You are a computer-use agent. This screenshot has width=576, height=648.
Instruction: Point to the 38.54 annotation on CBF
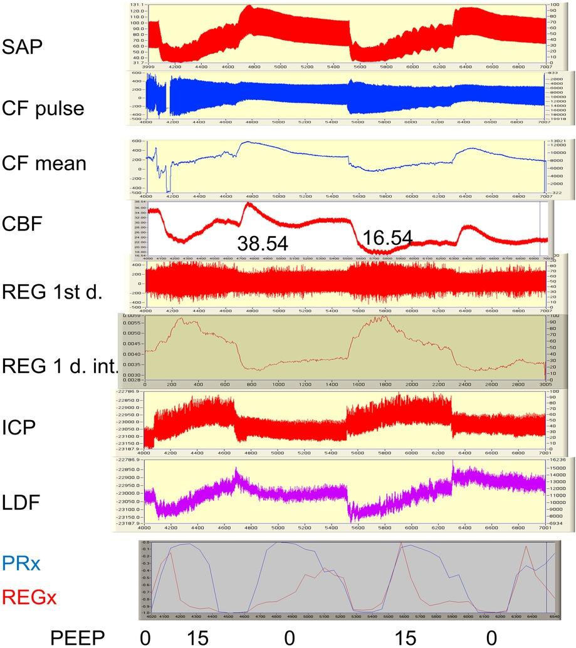262,244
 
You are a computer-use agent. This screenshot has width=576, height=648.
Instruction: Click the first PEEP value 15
199,637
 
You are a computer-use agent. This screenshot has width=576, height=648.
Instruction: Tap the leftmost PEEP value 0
145,637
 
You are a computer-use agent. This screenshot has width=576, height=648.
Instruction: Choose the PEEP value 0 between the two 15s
288,637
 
